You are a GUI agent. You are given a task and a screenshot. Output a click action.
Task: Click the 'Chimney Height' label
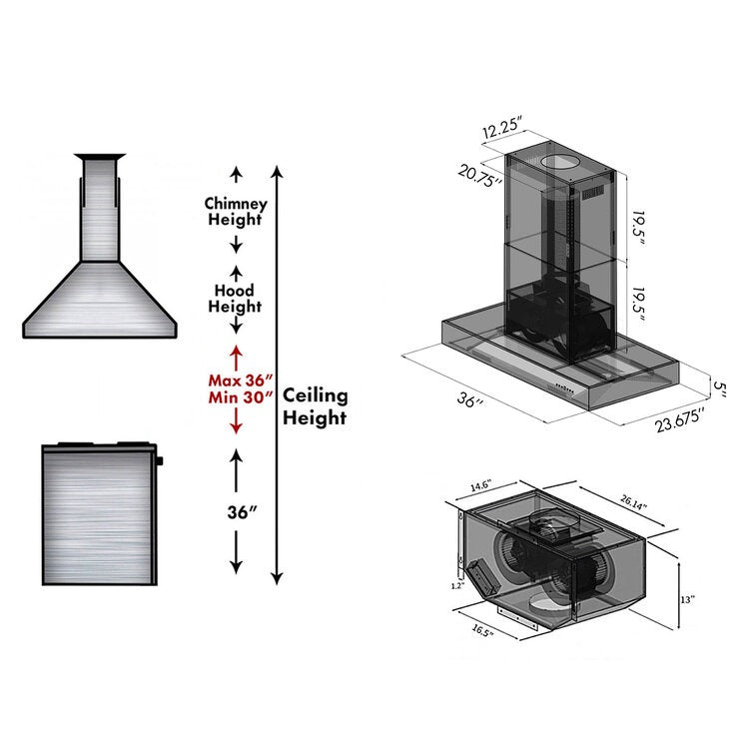236,211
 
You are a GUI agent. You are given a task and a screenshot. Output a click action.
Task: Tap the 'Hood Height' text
236,298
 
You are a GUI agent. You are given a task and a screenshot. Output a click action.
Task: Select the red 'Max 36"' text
236,380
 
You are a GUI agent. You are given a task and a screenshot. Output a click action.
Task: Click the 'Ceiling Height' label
315,405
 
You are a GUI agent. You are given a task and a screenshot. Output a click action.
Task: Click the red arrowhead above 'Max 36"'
237,352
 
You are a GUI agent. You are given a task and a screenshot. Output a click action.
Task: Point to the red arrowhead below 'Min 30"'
237,427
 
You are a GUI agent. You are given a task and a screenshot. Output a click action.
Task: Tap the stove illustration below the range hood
100,514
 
